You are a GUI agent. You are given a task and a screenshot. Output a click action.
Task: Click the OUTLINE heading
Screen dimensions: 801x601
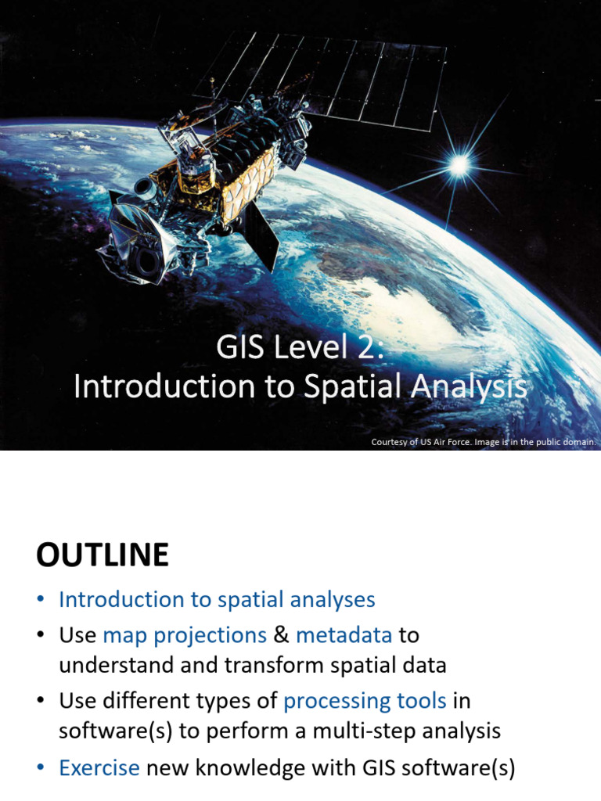point(102,555)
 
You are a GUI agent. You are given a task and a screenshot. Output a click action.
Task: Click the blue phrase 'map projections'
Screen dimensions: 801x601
point(185,635)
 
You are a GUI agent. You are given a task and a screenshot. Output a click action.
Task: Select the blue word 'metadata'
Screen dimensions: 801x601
point(344,635)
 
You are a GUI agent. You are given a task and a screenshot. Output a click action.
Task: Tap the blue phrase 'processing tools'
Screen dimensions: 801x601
point(365,701)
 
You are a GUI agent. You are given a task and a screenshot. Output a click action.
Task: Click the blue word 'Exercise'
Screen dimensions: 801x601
point(99,768)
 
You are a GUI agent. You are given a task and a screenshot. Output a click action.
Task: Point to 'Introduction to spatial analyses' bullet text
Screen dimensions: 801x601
point(217,600)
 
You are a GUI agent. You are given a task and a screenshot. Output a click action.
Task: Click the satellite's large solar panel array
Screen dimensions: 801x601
point(329,74)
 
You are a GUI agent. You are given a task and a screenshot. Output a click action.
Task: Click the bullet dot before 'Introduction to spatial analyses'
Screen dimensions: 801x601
point(41,601)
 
